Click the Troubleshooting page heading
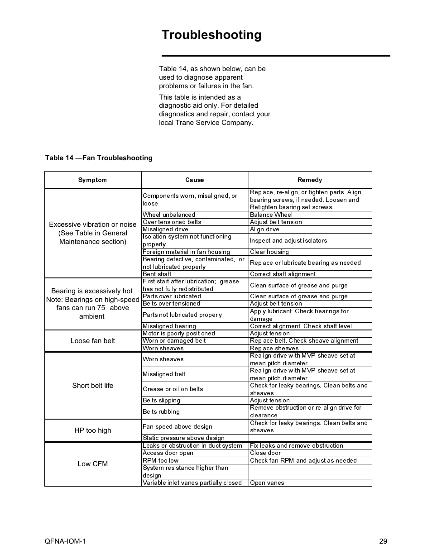click(x=211, y=35)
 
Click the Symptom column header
click(x=92, y=180)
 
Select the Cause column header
click(x=195, y=180)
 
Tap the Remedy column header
click(x=310, y=180)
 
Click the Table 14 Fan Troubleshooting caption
click(x=99, y=158)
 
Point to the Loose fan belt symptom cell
click(x=93, y=341)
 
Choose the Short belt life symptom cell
click(x=93, y=386)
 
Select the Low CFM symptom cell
click(x=93, y=464)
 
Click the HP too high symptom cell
click(x=93, y=430)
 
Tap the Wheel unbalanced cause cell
click(x=169, y=215)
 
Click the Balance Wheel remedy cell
click(x=271, y=215)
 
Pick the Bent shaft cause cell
click(x=157, y=274)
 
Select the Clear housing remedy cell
click(x=269, y=252)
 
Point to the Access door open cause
click(x=168, y=453)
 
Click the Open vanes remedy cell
click(x=267, y=483)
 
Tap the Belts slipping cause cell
click(x=162, y=401)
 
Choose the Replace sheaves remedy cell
click(x=274, y=349)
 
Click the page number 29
click(x=383, y=541)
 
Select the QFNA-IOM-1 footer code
click(x=65, y=541)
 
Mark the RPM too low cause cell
click(x=161, y=461)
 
